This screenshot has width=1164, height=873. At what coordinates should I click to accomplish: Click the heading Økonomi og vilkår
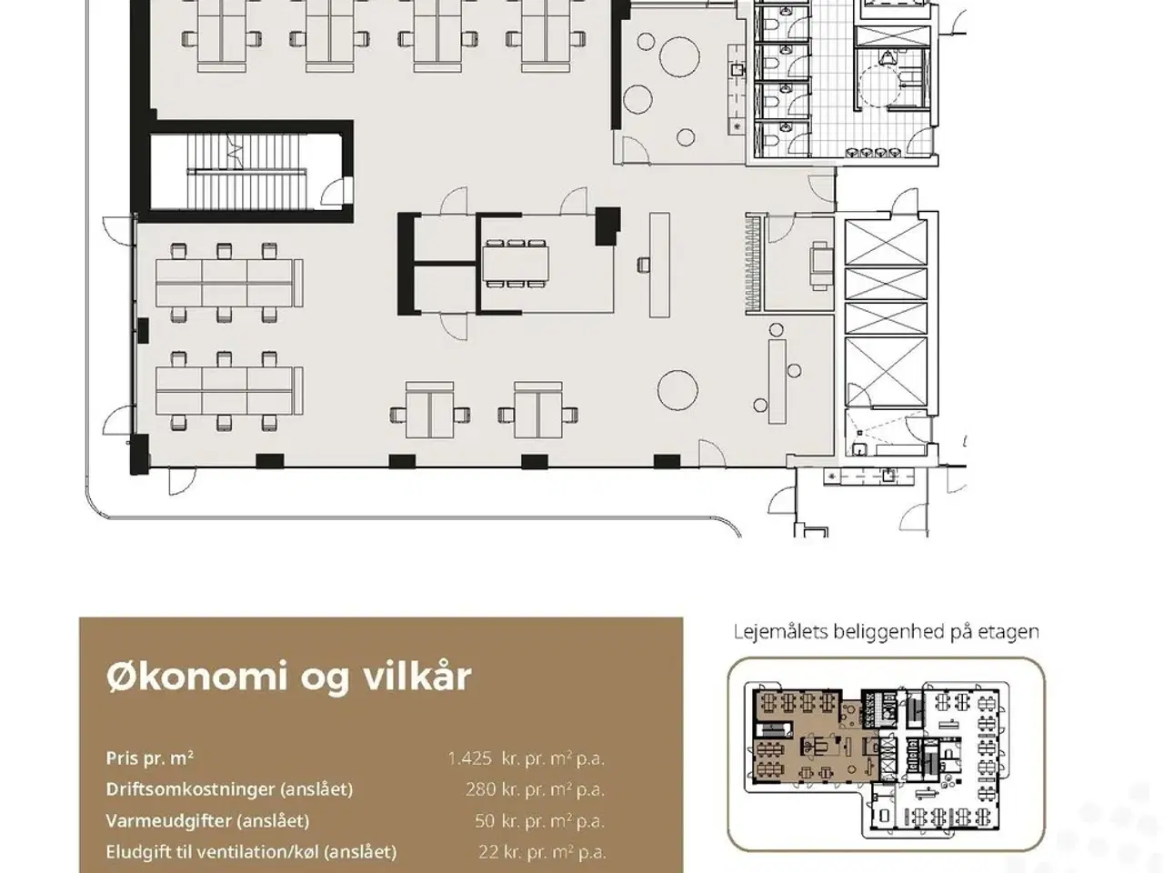tap(288, 677)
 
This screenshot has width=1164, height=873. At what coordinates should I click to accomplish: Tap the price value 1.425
tap(470, 758)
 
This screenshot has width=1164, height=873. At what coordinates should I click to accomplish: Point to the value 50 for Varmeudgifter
tap(484, 821)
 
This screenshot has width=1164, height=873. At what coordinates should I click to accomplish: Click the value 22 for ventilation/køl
tap(487, 852)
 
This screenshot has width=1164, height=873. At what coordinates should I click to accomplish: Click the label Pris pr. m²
tap(149, 758)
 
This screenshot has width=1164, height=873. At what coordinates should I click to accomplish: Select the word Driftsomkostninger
tap(190, 789)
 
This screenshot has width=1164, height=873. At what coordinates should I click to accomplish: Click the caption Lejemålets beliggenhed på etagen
tap(886, 632)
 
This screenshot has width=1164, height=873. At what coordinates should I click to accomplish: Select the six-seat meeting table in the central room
tap(516, 263)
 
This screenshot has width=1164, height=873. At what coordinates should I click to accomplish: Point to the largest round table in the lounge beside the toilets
tap(679, 55)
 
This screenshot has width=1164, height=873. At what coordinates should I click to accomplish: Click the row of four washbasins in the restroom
tap(873, 153)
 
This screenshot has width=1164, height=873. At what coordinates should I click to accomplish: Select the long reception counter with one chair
tap(659, 265)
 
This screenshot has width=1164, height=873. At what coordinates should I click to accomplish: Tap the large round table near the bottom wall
tap(677, 390)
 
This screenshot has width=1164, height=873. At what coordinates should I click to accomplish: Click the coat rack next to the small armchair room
tap(753, 263)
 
